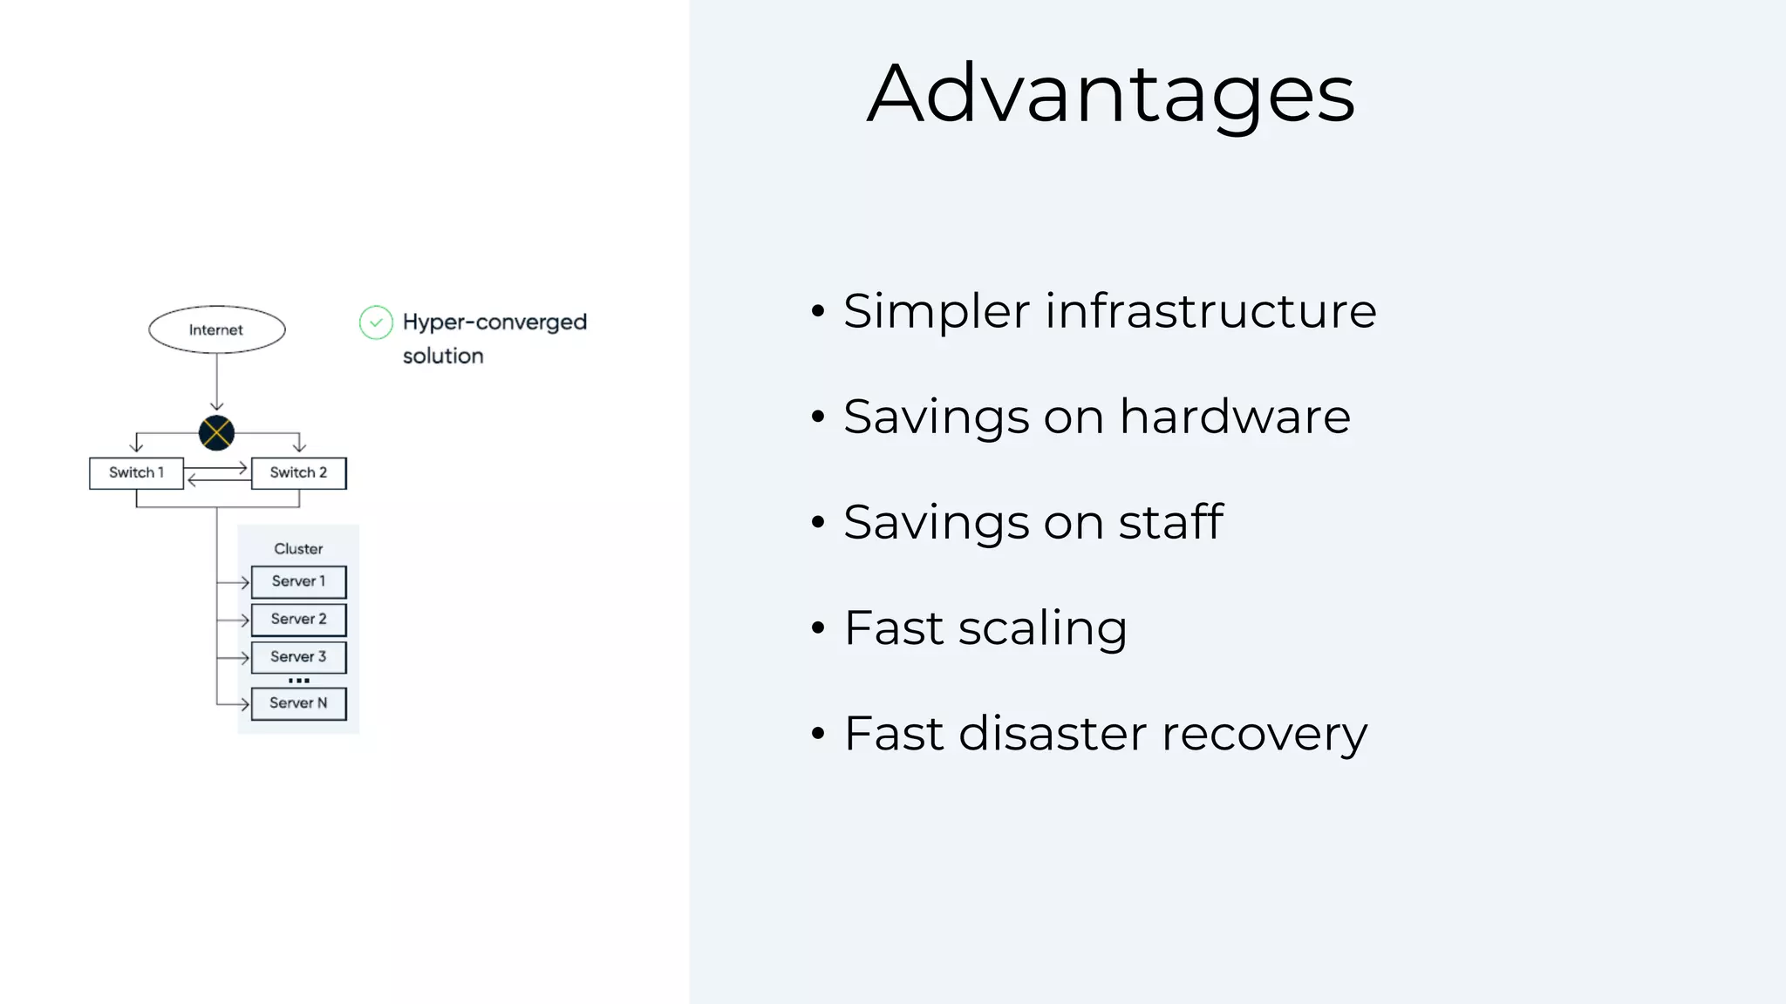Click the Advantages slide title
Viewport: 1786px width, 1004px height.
[x=1110, y=94]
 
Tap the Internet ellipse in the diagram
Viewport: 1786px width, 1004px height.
[x=216, y=329]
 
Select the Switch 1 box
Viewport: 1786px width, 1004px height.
[x=136, y=472]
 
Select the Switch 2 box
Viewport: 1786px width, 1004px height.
[x=298, y=472]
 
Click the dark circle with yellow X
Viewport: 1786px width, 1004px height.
[x=216, y=432]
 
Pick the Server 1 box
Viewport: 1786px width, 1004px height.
[x=298, y=581]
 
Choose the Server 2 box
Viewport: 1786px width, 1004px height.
[x=298, y=619]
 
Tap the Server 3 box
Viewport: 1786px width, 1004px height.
[x=298, y=657]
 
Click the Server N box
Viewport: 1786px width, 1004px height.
[x=298, y=703]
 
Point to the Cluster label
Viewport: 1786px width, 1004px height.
[x=298, y=548]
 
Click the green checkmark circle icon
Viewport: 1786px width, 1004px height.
[x=376, y=322]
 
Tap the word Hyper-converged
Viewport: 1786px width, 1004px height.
[x=494, y=322]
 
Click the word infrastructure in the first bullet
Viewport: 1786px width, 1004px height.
[x=1210, y=311]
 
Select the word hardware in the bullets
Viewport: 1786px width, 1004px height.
[x=1235, y=417]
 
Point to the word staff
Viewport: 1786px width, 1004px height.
[x=1170, y=523]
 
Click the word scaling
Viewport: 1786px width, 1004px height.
[x=1042, y=629]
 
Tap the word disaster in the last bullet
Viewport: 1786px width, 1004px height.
[x=1052, y=734]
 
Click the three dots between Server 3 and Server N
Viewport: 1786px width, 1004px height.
[x=298, y=681]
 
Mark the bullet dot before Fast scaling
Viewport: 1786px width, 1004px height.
[x=817, y=628]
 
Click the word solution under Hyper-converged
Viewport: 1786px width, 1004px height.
[x=442, y=356]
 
